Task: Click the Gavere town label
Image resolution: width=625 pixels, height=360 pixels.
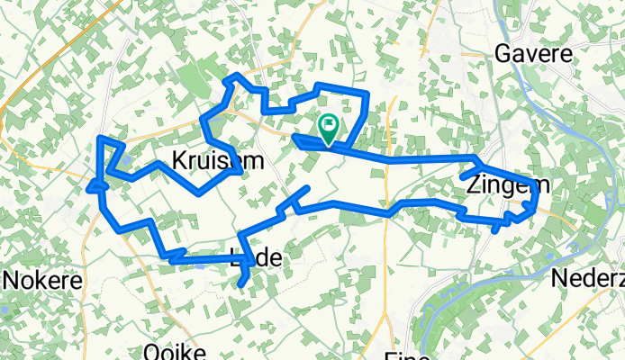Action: pos(534,54)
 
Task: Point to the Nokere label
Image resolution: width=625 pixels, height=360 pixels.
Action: pos(43,280)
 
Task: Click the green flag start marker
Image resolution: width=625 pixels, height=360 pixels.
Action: pos(328,128)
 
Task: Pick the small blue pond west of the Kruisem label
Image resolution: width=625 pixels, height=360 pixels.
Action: pos(124,162)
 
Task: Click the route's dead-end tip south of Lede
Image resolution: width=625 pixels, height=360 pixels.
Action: pos(241,286)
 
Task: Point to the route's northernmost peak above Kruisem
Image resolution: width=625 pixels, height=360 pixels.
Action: pos(236,76)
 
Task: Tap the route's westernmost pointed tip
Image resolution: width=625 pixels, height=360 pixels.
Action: pos(89,187)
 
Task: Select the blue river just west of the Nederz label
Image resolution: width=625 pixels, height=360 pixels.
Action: pos(540,261)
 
